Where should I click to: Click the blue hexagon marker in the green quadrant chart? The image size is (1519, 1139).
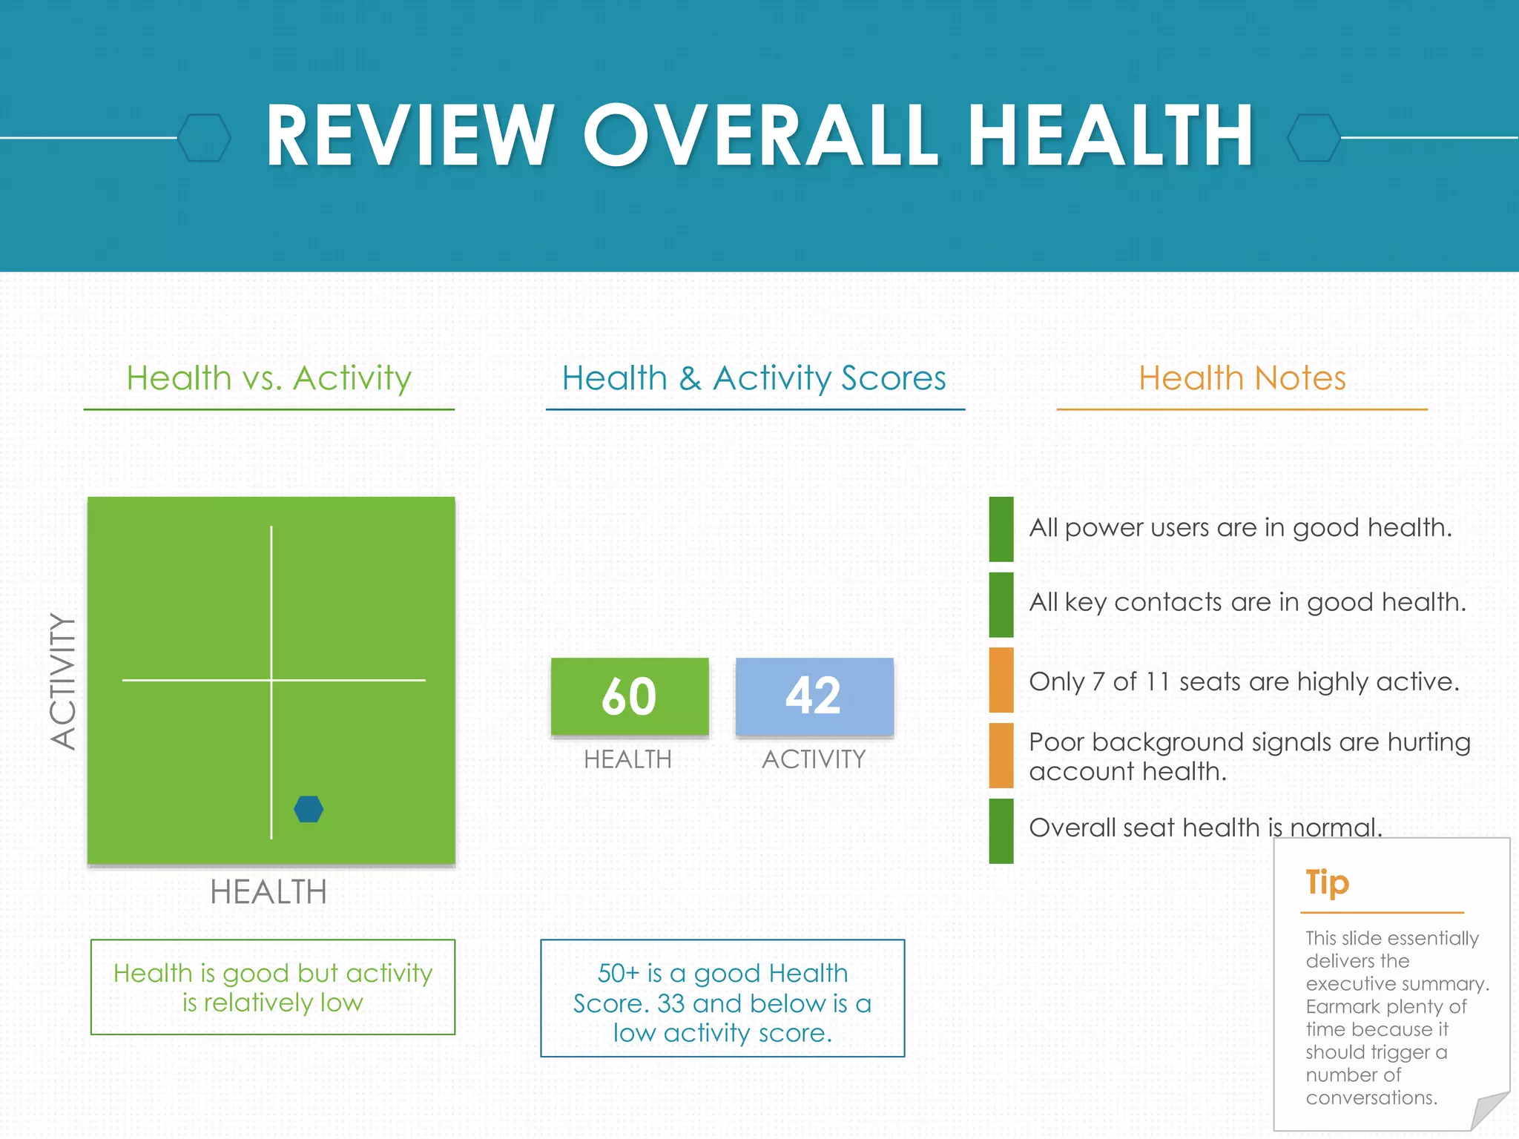[x=309, y=809]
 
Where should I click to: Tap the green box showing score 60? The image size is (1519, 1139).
[x=629, y=696]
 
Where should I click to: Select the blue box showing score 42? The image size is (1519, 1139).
[x=814, y=696]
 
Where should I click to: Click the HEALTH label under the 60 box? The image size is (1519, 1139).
[x=627, y=759]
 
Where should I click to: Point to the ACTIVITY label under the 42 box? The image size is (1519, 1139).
[x=814, y=759]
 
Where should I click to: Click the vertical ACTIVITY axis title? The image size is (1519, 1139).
[x=64, y=681]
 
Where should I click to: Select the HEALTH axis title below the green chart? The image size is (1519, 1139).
[x=268, y=892]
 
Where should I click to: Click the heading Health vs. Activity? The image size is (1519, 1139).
[x=268, y=378]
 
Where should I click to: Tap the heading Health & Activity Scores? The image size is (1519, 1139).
[x=754, y=378]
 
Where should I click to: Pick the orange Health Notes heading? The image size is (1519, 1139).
[x=1242, y=378]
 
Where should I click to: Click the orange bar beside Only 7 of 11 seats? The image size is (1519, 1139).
[x=1001, y=680]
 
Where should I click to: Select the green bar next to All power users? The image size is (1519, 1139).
[x=1001, y=529]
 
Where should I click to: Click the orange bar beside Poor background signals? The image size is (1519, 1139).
[x=1001, y=756]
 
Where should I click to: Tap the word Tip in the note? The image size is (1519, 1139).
[x=1327, y=882]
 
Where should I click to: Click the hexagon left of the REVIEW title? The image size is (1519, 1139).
[x=205, y=138]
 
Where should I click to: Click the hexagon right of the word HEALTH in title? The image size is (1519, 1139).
[x=1314, y=138]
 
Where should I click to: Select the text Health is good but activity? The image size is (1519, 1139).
[x=273, y=973]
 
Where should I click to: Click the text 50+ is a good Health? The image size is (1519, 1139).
[x=722, y=973]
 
